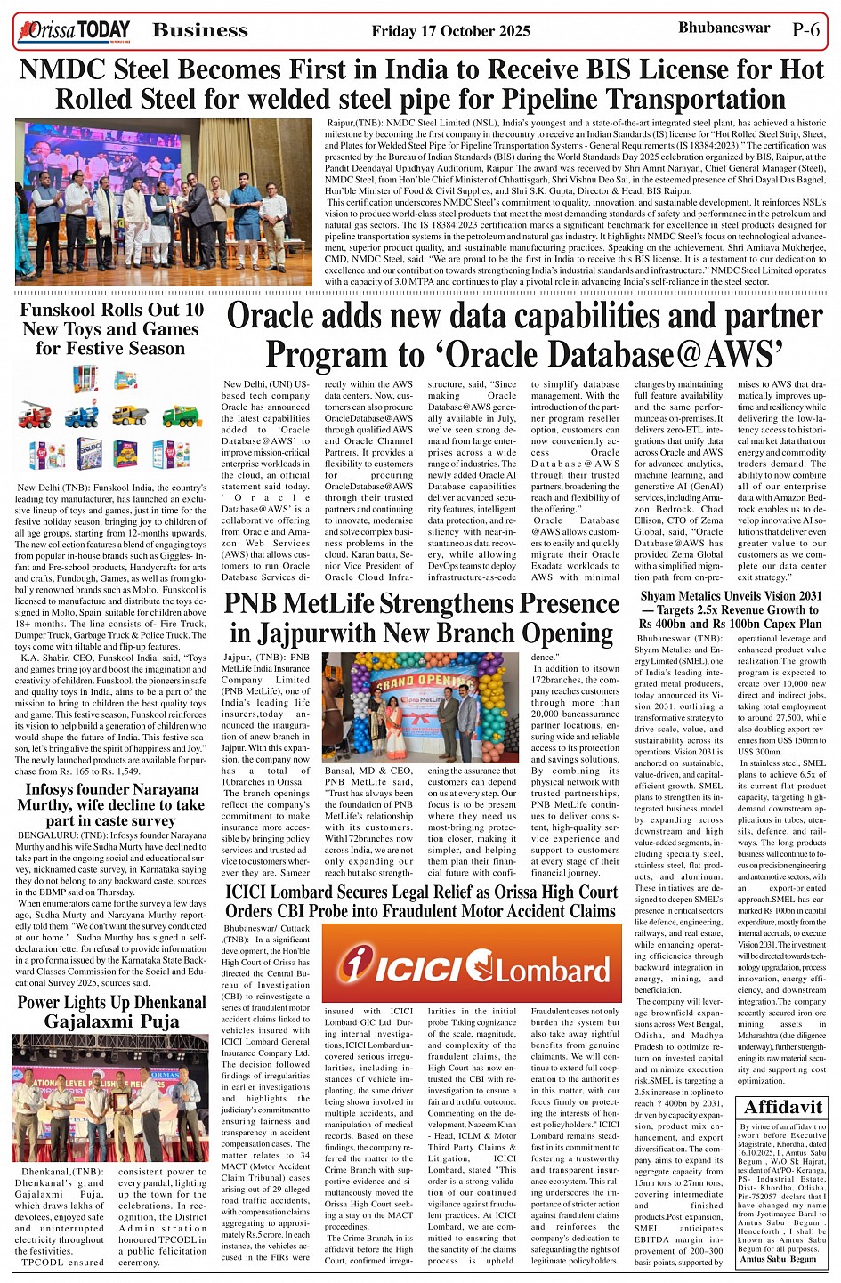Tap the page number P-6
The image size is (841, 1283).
pos(806,29)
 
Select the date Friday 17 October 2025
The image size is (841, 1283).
pos(450,31)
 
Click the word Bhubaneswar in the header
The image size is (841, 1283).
pos(724,28)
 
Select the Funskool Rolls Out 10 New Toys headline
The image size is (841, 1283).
pos(112,328)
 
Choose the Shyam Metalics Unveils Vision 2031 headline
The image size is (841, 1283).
pos(731,609)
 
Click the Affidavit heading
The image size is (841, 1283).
pos(783,1107)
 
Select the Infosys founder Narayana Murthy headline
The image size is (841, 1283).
pos(112,804)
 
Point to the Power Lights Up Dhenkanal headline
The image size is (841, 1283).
pos(112,1012)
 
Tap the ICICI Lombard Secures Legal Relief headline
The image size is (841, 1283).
pos(421,901)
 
